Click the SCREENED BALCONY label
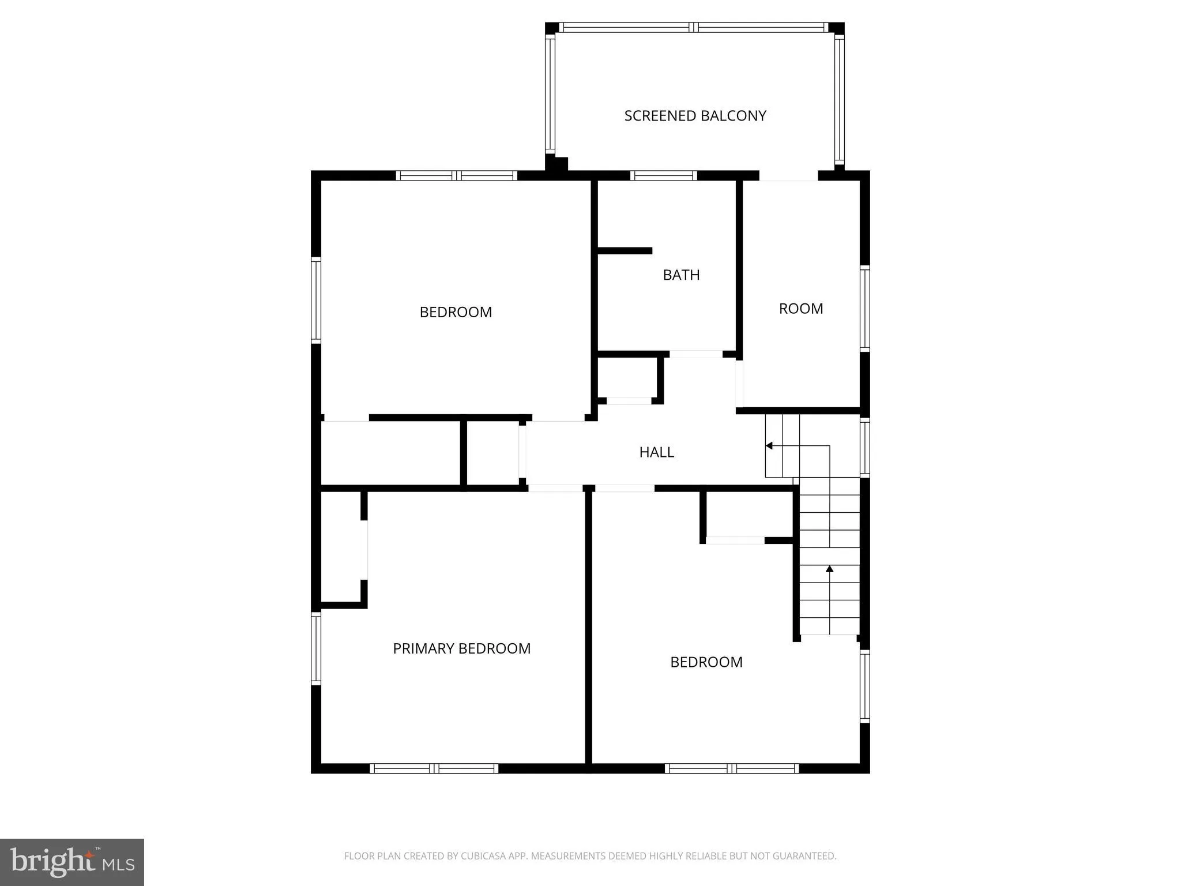(x=695, y=116)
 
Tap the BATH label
(x=681, y=275)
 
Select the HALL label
(x=656, y=452)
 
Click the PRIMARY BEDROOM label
(x=461, y=648)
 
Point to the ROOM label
(x=800, y=309)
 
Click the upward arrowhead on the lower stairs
(x=829, y=569)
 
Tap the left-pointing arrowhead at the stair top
(x=769, y=446)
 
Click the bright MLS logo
(x=72, y=862)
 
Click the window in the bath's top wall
(x=663, y=175)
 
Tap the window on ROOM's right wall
(x=864, y=308)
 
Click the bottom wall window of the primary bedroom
(x=434, y=768)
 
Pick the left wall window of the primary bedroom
(x=316, y=648)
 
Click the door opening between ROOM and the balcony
(x=788, y=175)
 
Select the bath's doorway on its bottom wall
(x=695, y=354)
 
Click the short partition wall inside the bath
(x=625, y=251)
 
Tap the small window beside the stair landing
(x=864, y=447)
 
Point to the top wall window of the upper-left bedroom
(x=456, y=175)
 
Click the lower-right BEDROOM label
(x=706, y=662)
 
